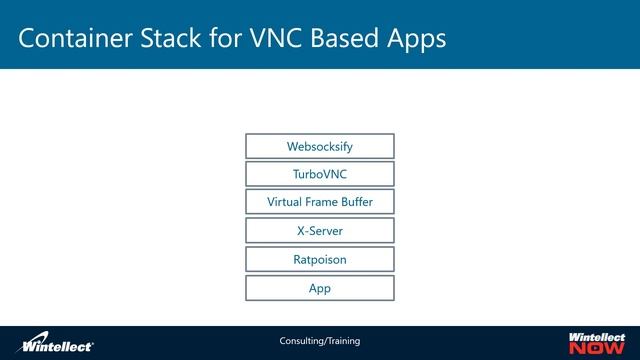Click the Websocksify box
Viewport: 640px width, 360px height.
(319, 146)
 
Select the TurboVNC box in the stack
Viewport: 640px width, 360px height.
(319, 174)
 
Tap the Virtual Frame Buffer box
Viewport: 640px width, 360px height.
(319, 202)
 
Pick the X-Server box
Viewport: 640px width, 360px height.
(319, 231)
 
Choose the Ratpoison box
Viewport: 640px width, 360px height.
(319, 259)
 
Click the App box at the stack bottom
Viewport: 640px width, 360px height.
(319, 288)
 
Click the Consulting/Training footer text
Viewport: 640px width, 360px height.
(319, 341)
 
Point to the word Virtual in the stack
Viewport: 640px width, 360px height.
(285, 202)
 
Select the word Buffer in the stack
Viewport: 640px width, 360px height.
(352, 202)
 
